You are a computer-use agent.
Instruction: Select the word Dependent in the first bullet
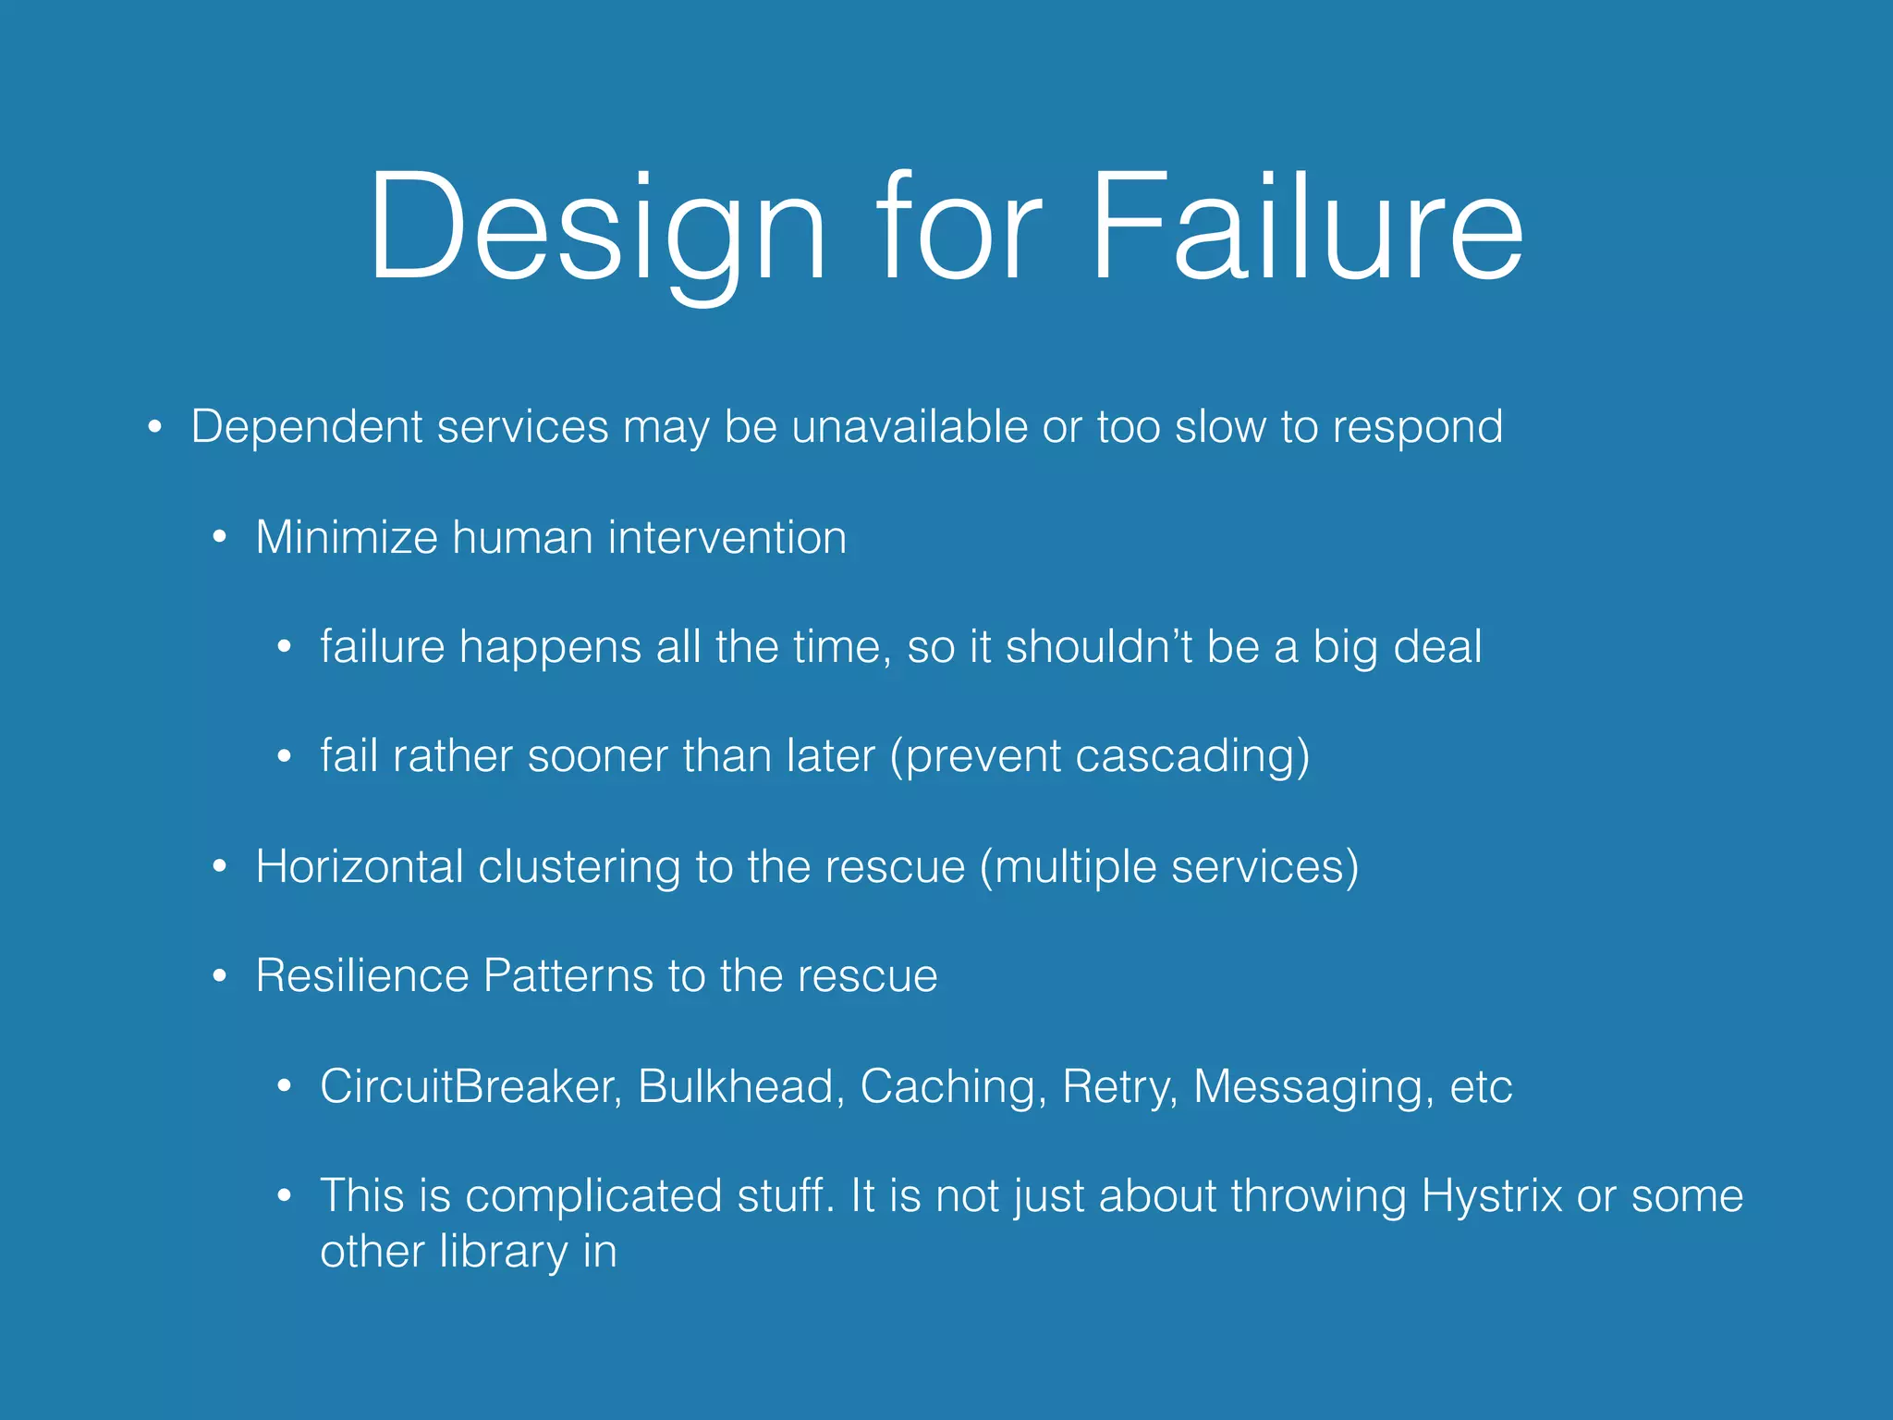click(307, 428)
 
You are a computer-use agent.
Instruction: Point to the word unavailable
click(910, 427)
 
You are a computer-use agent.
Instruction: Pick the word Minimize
click(347, 537)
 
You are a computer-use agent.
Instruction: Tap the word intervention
click(727, 537)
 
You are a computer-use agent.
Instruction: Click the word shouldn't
click(1099, 646)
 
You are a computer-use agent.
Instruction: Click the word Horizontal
click(360, 866)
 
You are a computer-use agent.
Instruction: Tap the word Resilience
click(362, 975)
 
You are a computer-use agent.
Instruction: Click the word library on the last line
click(504, 1253)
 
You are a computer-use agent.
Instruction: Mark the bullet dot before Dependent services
click(155, 428)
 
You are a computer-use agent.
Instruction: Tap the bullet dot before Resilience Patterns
click(220, 976)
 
